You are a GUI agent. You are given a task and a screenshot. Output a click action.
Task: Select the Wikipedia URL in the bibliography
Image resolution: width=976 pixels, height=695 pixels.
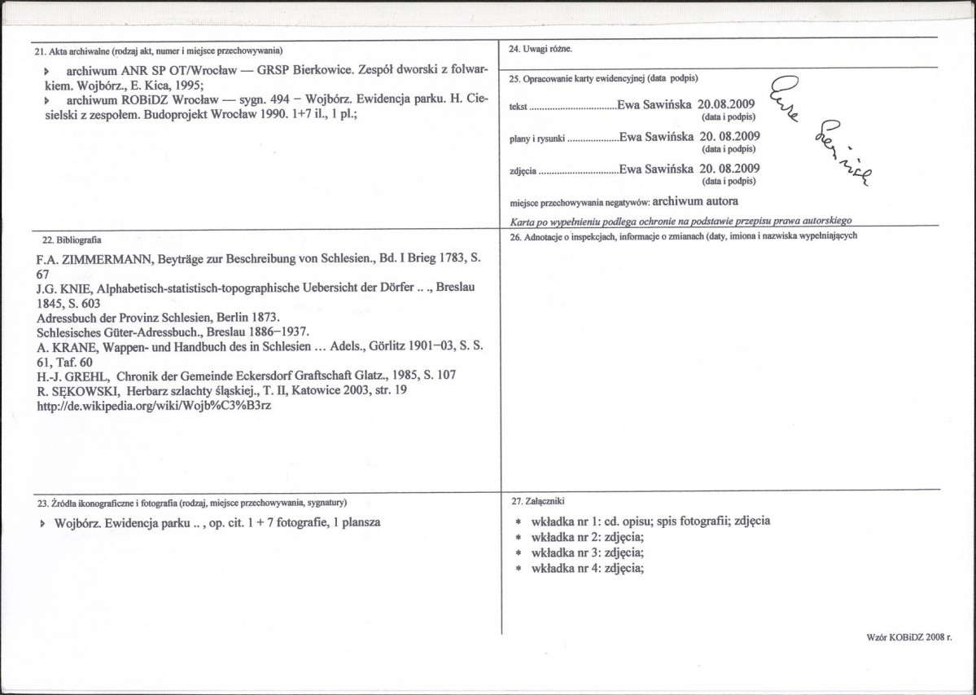155,405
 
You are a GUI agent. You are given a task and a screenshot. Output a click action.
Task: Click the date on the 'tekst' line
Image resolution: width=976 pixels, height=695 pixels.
723,104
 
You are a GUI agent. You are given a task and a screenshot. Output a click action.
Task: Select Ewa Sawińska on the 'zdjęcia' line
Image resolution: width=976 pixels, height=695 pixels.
655,169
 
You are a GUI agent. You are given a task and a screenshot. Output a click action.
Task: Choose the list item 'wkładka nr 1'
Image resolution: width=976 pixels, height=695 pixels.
569,521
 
